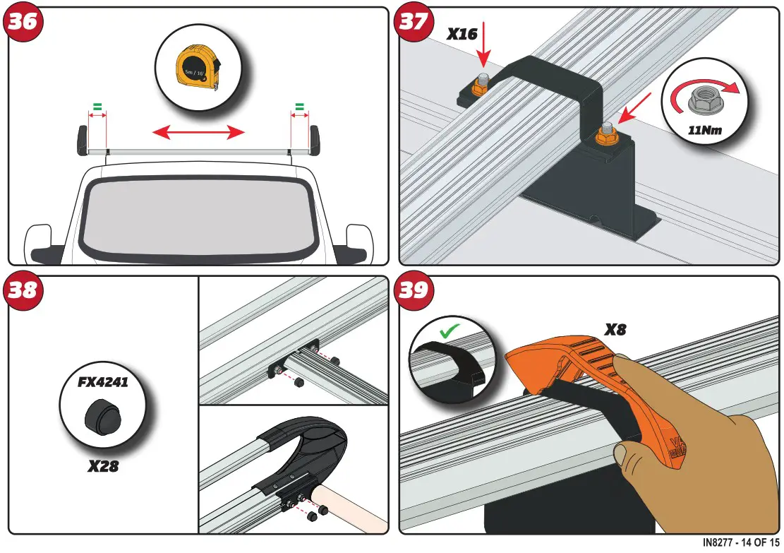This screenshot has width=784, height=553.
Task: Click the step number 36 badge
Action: tap(23, 23)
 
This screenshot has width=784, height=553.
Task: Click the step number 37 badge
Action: tap(414, 23)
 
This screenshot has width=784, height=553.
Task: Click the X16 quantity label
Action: tap(464, 33)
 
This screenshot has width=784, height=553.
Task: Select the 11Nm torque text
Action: tap(706, 130)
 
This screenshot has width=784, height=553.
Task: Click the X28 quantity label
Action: tap(102, 467)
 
